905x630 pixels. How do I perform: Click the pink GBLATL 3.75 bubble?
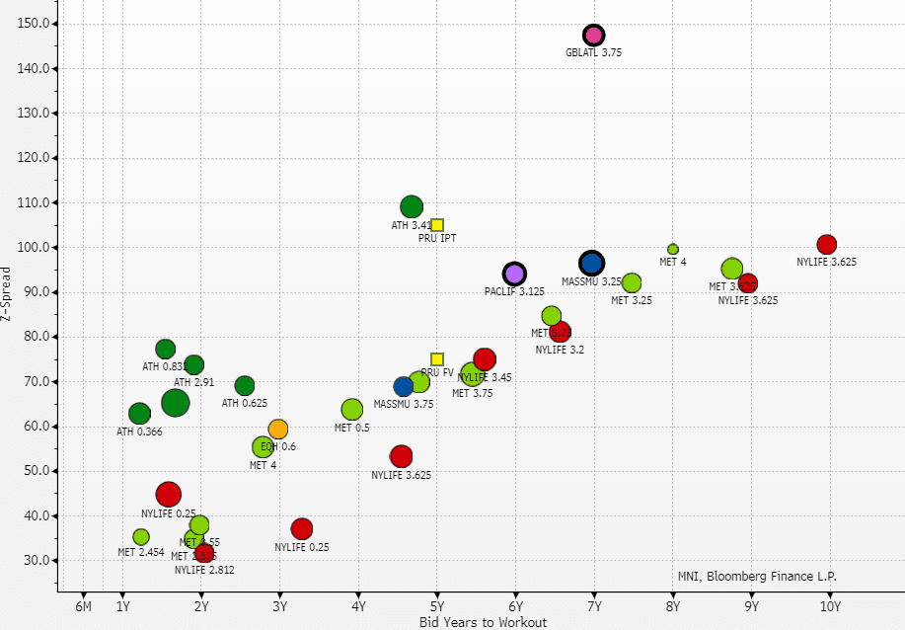(593, 36)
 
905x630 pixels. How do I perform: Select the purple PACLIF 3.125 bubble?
(514, 274)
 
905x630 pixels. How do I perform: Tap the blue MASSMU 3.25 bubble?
(591, 263)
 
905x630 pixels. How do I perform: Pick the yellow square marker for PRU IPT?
(437, 225)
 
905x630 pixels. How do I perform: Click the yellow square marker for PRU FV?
(437, 359)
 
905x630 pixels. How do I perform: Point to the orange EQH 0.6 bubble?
(278, 429)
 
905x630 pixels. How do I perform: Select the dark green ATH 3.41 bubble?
(412, 206)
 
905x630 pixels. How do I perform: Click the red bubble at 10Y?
(827, 244)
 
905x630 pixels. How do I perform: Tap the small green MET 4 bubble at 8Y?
(673, 249)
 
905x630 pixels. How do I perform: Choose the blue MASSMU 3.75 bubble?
(404, 386)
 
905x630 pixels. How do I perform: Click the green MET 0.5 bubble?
(352, 409)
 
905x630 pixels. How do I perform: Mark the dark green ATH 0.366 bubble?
(140, 414)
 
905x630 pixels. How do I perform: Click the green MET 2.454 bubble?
(141, 537)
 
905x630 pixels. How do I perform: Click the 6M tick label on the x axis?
(83, 606)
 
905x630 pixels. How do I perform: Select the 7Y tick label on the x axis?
(594, 606)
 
